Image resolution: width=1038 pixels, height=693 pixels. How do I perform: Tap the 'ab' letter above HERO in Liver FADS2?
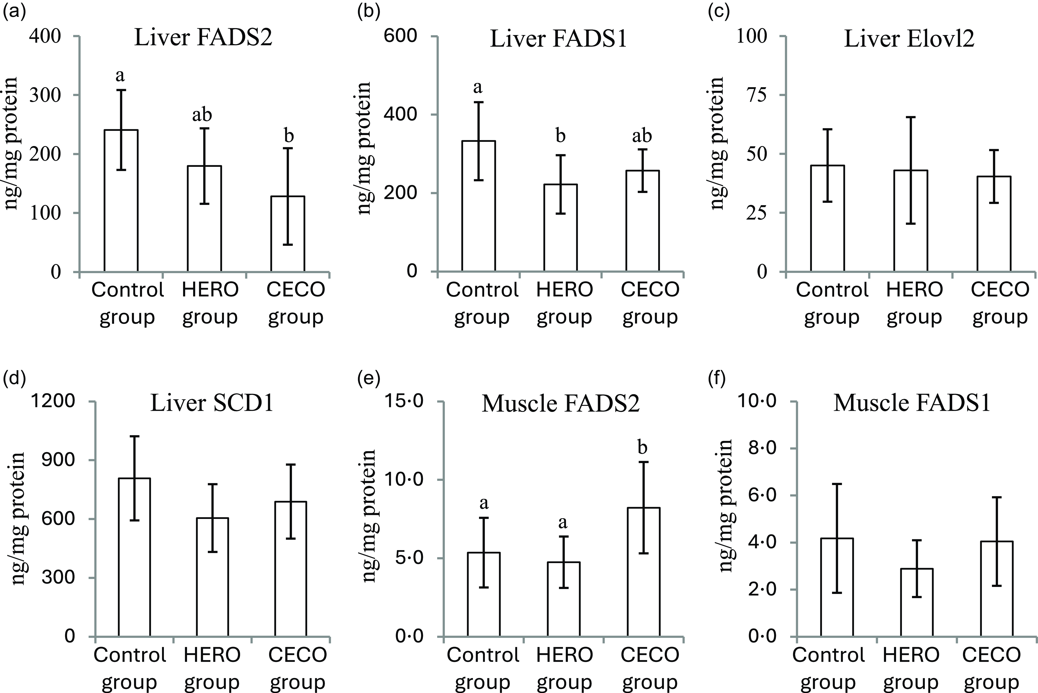click(202, 115)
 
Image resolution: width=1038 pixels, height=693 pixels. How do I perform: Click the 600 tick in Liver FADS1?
click(400, 36)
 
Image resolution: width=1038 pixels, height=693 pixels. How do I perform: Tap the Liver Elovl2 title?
click(909, 39)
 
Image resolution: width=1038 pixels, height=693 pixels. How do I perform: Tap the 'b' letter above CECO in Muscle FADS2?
click(643, 448)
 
